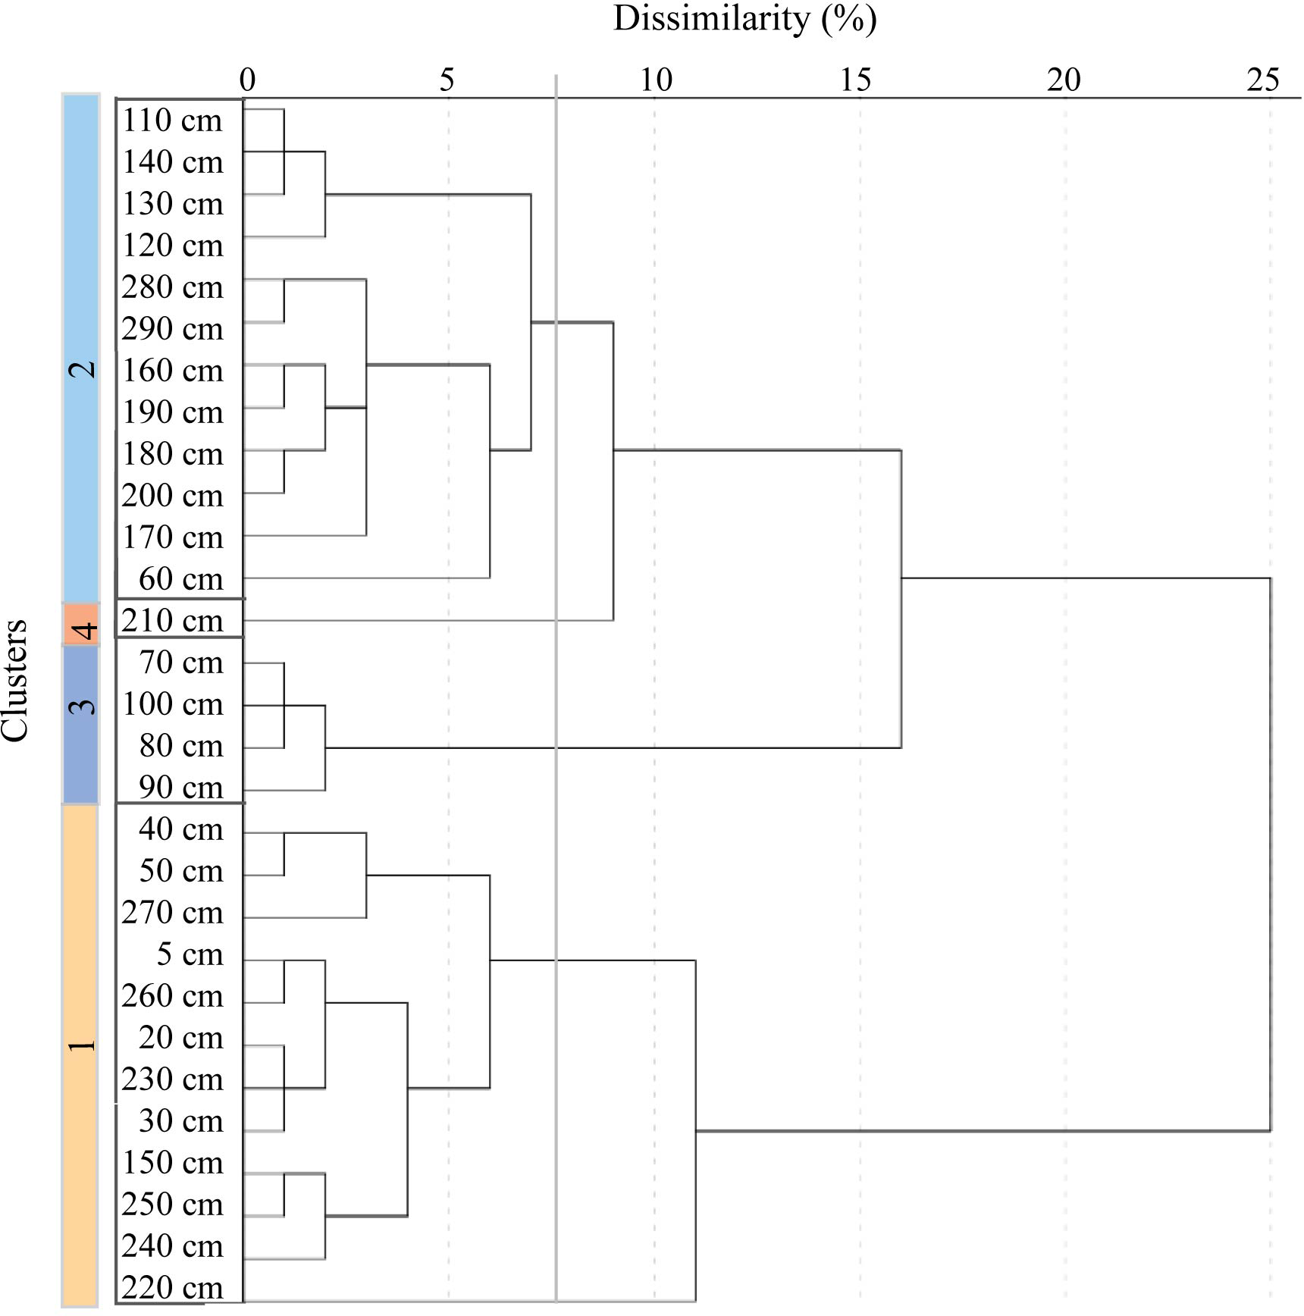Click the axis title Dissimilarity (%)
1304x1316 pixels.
744,19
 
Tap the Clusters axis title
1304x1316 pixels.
15,680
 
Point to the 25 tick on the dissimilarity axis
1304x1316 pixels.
1263,80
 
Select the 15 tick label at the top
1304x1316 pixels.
856,80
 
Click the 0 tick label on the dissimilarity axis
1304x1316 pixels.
247,80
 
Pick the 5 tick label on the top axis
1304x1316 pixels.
447,80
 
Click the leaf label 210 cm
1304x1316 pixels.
173,621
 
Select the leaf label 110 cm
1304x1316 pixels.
173,121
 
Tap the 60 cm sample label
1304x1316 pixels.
181,579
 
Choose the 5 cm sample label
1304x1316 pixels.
190,954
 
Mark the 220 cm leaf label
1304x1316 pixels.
173,1288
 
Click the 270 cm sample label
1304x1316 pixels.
173,913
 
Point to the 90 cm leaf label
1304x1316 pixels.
181,788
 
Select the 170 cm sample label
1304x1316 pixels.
173,537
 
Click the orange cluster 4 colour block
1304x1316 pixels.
81,624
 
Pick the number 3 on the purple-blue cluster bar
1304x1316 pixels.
82,706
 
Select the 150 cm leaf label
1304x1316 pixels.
173,1163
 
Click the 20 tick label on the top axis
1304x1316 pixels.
1063,80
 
